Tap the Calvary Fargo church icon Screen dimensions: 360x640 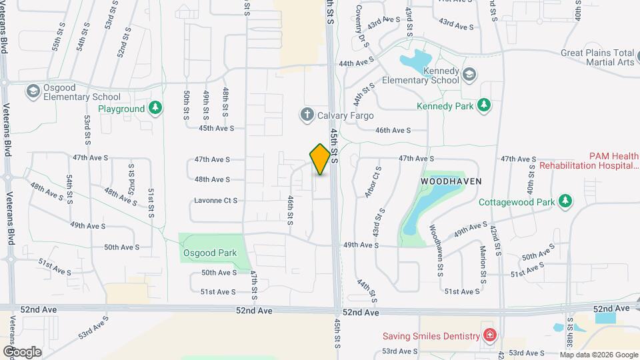pos(307,115)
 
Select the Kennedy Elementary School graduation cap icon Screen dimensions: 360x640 pos(469,73)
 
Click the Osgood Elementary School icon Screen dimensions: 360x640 pos(32,90)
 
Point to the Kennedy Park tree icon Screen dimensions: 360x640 pos(484,105)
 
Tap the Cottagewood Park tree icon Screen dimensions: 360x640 pos(565,201)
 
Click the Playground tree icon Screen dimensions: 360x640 pos(155,108)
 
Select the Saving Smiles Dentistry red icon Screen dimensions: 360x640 pos(490,335)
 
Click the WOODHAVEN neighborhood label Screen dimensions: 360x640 pos(451,181)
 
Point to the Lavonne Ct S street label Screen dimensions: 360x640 pos(215,200)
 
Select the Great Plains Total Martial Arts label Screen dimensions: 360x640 pos(597,57)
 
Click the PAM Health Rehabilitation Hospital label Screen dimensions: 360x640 pos(589,160)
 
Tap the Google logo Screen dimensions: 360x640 pos(22,351)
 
